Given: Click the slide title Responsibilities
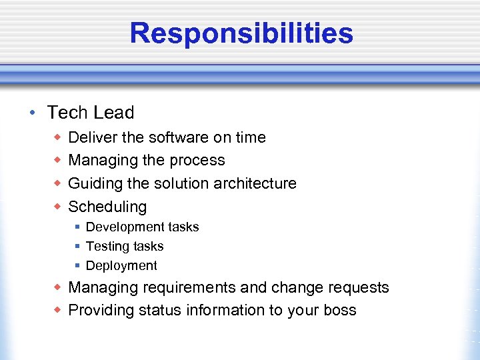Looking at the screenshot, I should coord(241,33).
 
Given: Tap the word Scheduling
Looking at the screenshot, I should coord(107,207).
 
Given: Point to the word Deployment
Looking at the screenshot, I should coord(121,266).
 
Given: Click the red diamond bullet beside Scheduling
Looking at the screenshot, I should coord(58,206).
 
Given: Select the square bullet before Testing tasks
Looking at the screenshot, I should coord(77,247).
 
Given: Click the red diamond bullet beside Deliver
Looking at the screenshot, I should coord(58,137).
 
